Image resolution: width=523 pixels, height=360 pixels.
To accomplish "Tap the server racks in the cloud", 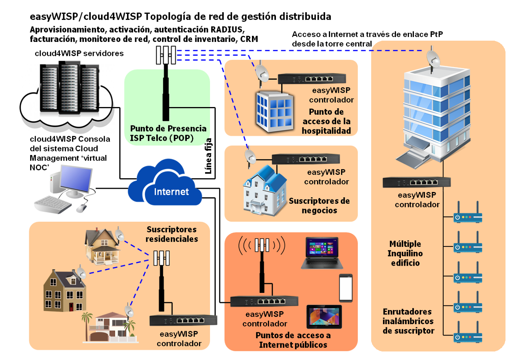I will click(69, 87).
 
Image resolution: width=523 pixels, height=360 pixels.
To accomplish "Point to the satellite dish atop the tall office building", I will click(433, 59).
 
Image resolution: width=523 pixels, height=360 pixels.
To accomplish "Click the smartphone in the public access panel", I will click(346, 288).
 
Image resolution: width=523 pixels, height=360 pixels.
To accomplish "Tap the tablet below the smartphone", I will click(324, 317).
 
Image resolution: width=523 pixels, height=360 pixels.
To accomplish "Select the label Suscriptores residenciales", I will click(171, 234).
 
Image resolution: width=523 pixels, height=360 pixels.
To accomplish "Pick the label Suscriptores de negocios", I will click(319, 205).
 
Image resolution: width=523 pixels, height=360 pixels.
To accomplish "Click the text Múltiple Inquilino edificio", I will click(406, 253).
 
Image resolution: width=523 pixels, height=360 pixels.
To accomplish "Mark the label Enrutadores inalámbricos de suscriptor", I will click(407, 321).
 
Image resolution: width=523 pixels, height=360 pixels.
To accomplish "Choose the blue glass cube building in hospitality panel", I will click(274, 111).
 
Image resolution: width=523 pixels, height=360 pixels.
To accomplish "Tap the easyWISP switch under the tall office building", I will click(416, 182).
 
